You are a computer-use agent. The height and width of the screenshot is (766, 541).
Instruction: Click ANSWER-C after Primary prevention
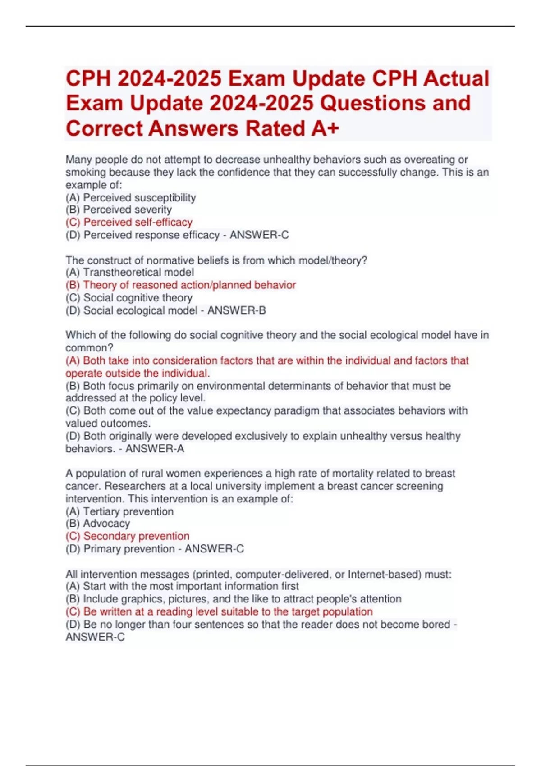tap(214, 549)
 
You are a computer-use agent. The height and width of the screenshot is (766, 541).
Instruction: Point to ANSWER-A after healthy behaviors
tap(155, 449)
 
